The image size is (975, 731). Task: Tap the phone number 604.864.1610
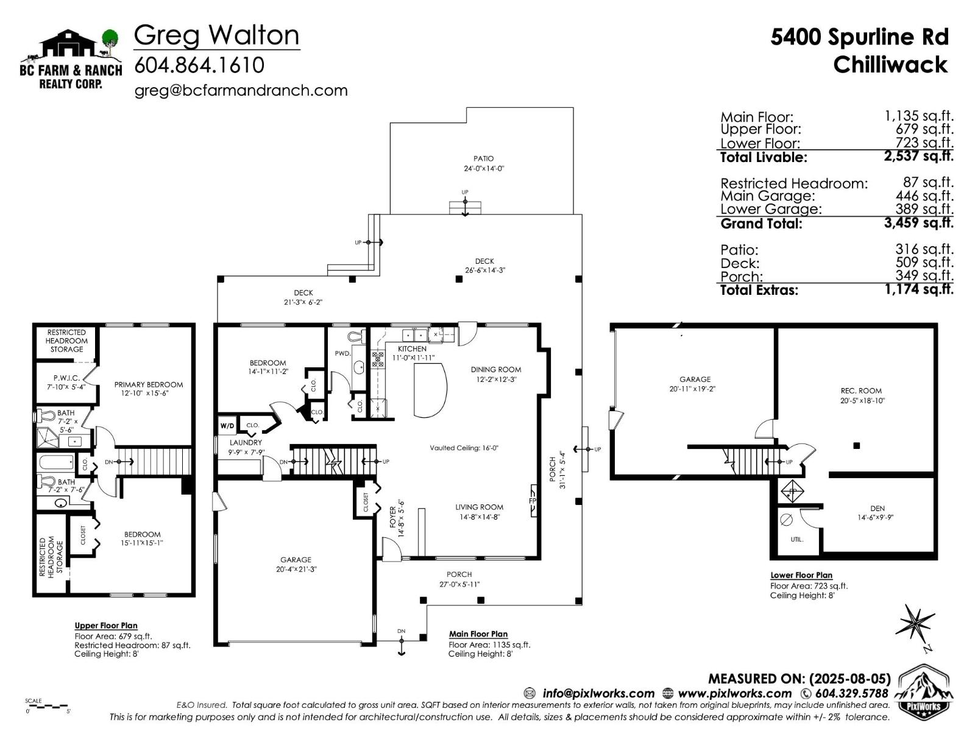(x=199, y=65)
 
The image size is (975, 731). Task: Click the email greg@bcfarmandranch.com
(x=241, y=91)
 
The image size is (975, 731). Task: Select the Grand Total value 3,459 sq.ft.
(x=918, y=223)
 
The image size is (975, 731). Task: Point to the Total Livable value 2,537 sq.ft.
(x=918, y=156)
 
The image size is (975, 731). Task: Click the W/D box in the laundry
(x=227, y=425)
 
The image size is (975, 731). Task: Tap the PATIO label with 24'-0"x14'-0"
(x=484, y=163)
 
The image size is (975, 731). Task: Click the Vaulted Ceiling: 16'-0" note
(x=464, y=448)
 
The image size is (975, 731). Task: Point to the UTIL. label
(x=796, y=540)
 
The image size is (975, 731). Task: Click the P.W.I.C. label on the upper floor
(x=66, y=382)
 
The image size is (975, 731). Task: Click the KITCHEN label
(x=412, y=349)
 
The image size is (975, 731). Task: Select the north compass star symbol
(x=916, y=623)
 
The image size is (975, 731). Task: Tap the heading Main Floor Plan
(x=478, y=634)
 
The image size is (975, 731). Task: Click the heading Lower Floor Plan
(x=801, y=575)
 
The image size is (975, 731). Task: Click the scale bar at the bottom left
(x=48, y=707)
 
